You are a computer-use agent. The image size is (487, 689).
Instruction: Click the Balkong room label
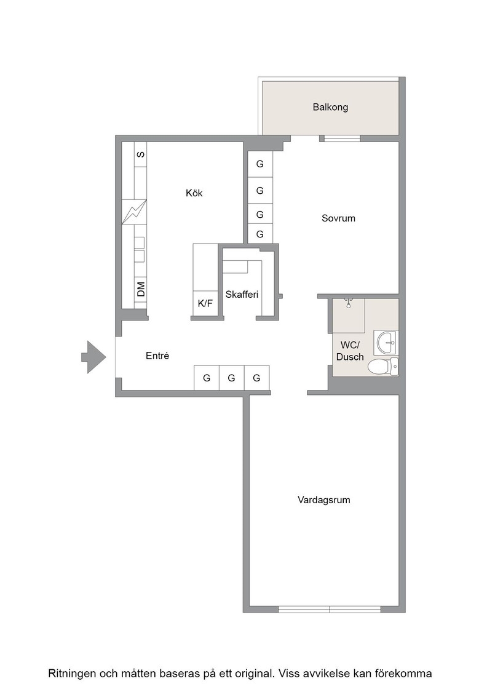tap(330, 107)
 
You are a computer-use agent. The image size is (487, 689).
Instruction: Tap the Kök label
tap(194, 193)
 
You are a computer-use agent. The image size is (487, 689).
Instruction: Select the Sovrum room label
tap(338, 218)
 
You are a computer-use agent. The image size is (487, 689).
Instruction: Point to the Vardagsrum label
tap(323, 500)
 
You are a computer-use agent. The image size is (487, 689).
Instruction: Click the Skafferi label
tap(242, 295)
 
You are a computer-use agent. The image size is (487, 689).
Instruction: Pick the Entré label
tap(157, 356)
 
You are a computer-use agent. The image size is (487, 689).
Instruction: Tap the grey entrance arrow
tap(93, 357)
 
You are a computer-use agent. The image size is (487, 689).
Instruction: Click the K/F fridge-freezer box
tap(205, 303)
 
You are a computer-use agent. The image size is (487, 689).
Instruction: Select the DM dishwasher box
tap(141, 289)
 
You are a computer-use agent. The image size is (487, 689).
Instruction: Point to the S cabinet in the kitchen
tap(141, 154)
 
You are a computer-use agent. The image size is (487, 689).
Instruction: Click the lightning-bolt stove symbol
tap(134, 212)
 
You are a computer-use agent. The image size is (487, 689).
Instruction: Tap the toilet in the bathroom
tap(383, 367)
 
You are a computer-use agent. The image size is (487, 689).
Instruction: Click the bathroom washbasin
tap(386, 343)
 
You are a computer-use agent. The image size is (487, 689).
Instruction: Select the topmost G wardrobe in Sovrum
tap(260, 164)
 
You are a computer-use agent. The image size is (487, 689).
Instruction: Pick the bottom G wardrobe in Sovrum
tap(260, 234)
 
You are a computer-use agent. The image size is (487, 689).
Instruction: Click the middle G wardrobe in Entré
tap(231, 378)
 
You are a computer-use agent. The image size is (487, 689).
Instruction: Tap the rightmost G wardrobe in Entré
tap(256, 378)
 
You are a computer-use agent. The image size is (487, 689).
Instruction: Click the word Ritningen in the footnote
tap(71, 674)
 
